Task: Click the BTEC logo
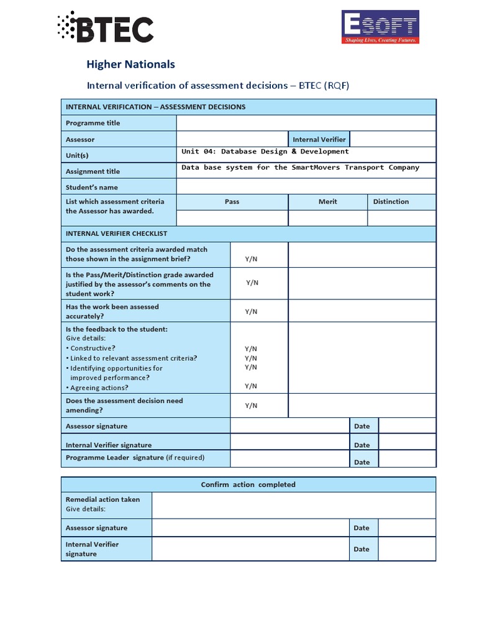click(x=104, y=28)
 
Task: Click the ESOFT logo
click(x=380, y=27)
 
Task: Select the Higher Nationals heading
click(x=130, y=64)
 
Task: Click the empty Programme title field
click(x=306, y=123)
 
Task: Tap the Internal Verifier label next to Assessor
click(x=319, y=140)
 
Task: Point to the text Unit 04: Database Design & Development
click(x=265, y=152)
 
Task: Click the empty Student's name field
click(x=306, y=187)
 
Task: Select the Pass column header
click(x=232, y=202)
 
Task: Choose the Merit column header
click(x=327, y=202)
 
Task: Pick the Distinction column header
click(x=391, y=202)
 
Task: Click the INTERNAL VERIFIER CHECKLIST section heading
click(x=116, y=234)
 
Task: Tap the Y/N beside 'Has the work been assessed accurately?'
click(x=251, y=312)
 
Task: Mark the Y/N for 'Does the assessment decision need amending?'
click(x=251, y=406)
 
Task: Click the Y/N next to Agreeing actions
click(x=251, y=386)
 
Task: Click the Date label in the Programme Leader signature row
click(x=361, y=462)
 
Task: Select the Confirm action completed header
click(x=248, y=484)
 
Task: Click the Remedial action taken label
click(x=102, y=499)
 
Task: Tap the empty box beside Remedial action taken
click(x=293, y=506)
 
